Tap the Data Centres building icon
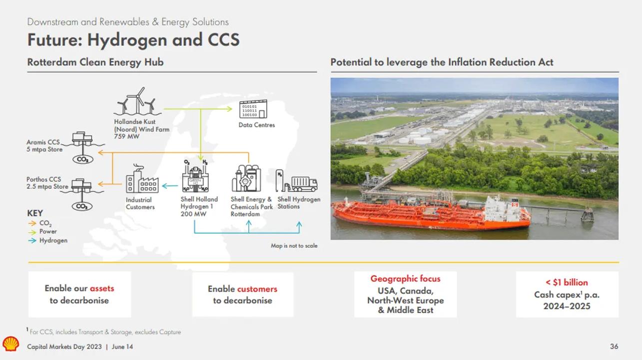(254, 109)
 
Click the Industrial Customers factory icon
(141, 180)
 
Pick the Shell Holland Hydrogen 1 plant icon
(195, 177)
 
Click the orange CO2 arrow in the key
(32, 224)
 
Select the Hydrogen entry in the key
(53, 240)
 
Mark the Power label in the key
(48, 232)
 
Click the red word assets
(102, 288)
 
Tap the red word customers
(257, 289)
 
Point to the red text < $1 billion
(567, 282)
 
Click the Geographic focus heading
(405, 279)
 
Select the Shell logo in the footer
(10, 344)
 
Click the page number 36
(614, 347)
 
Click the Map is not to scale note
(294, 246)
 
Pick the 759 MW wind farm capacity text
(127, 136)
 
